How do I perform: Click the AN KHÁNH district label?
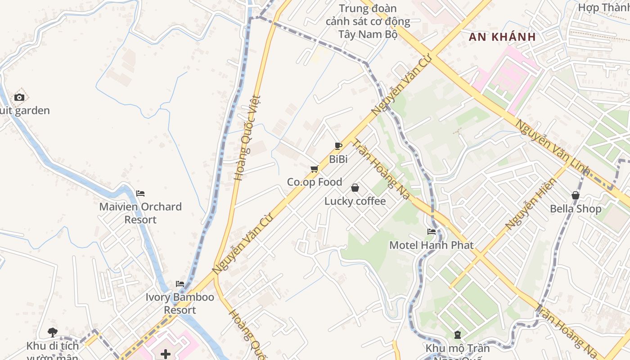click(502, 37)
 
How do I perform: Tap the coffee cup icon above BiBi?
click(338, 146)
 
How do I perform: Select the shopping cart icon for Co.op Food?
click(315, 169)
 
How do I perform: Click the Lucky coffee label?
click(355, 201)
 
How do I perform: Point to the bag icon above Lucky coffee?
click(355, 188)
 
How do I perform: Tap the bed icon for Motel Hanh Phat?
click(432, 232)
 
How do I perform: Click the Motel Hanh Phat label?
click(432, 245)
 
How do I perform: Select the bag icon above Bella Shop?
click(576, 195)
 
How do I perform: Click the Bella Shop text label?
click(576, 209)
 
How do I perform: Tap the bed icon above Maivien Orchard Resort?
click(140, 193)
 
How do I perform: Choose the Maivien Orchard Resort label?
click(140, 213)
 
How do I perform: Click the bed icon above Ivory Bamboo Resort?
click(180, 284)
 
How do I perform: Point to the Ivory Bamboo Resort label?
click(180, 304)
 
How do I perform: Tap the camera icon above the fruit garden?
click(19, 97)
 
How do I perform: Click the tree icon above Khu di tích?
click(53, 333)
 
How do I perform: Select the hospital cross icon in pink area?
click(166, 354)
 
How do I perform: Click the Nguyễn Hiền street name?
click(531, 203)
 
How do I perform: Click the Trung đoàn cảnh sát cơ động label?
click(368, 21)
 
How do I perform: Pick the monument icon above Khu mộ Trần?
click(458, 335)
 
